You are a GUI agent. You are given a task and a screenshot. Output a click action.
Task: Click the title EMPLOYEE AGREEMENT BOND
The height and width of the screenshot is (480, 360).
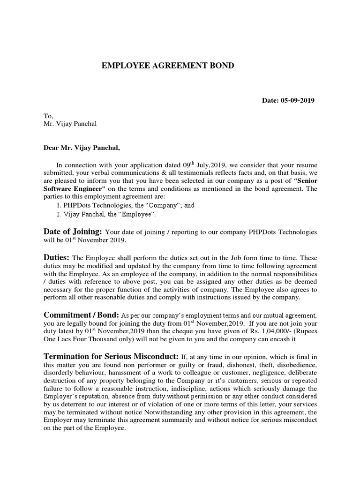coord(168,66)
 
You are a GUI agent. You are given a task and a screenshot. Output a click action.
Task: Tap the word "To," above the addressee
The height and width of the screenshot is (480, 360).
coord(49,116)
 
